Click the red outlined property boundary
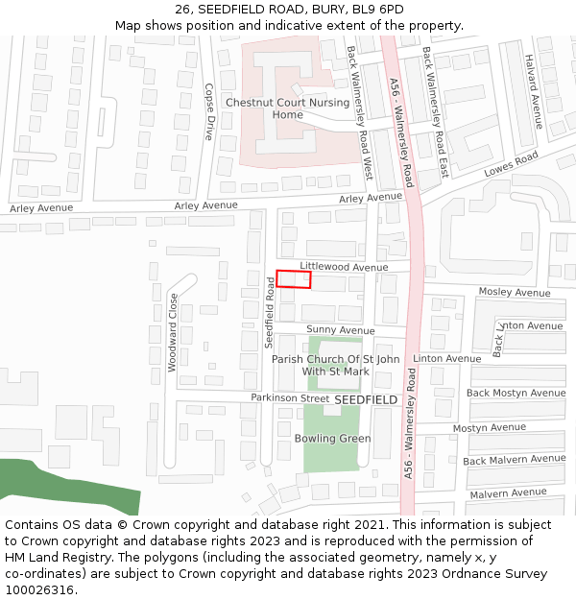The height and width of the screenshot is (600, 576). pos(294,279)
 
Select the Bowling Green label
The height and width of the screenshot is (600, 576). pos(332,439)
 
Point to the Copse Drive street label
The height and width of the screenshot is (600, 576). pos(209,112)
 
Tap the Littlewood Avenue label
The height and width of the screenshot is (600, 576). pos(344,267)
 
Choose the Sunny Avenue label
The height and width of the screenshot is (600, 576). pos(341,330)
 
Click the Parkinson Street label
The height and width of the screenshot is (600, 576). pos(290,397)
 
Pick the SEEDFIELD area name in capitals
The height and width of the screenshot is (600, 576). pos(365,399)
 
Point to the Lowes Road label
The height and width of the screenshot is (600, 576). pos(512,166)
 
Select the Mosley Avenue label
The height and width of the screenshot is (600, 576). pos(515,292)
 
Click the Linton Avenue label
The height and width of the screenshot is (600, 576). pos(446,359)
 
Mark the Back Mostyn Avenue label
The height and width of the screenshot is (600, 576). pos(516,393)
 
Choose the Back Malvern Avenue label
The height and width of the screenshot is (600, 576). pos(514,460)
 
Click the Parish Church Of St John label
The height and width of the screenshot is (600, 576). pos(335,359)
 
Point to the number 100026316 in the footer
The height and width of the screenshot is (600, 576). pos(38,589)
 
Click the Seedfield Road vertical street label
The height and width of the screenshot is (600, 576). pos(270,311)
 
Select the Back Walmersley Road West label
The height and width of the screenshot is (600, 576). pos(357,112)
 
